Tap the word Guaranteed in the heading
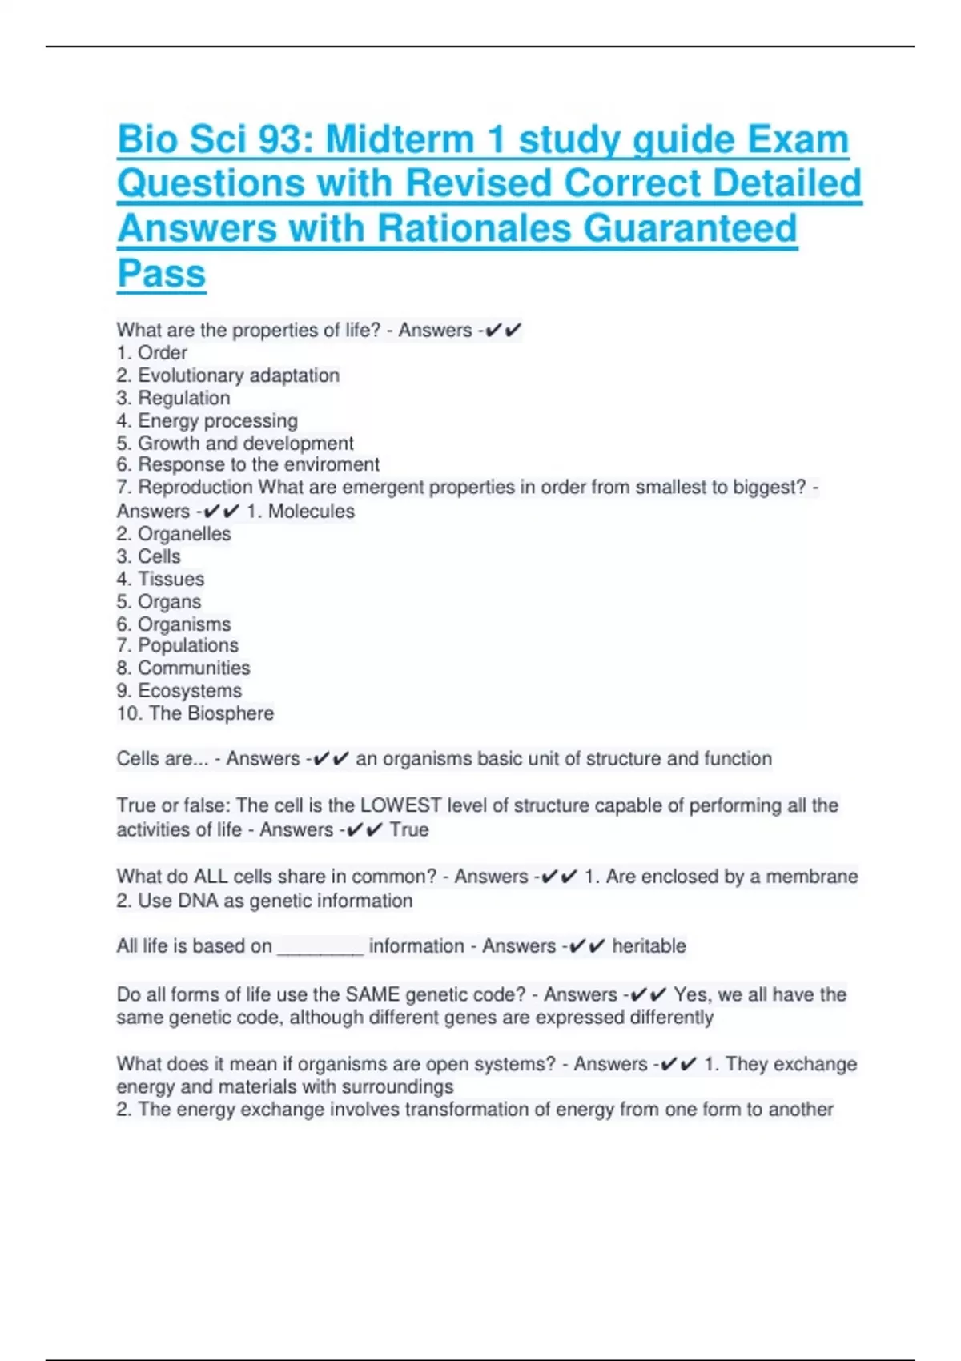(x=690, y=228)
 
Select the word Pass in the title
(x=162, y=273)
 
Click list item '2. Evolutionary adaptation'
(x=228, y=375)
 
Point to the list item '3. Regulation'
(x=173, y=398)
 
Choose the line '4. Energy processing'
(x=207, y=420)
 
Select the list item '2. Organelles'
(x=174, y=533)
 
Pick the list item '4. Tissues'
(x=160, y=579)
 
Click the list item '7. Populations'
(x=177, y=645)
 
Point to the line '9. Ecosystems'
(x=179, y=690)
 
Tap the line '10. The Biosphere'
(x=195, y=713)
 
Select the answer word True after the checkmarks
(x=409, y=829)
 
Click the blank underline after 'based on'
(x=320, y=947)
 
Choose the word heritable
(x=649, y=946)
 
